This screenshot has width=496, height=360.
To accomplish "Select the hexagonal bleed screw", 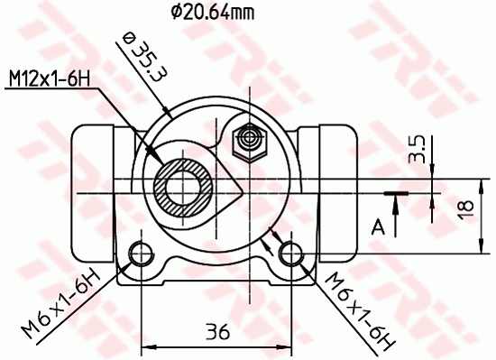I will pos(247,140).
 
